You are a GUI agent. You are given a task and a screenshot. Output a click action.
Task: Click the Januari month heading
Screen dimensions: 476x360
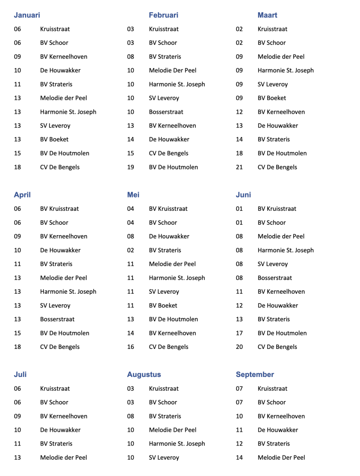[x=27, y=15]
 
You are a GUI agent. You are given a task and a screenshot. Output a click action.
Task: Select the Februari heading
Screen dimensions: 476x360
[x=163, y=15]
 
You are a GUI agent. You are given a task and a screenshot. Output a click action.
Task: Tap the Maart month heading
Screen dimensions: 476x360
[x=267, y=15]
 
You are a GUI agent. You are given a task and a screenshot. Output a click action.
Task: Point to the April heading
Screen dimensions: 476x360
[x=22, y=195]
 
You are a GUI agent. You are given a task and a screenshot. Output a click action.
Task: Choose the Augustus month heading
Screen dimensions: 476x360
[x=144, y=375]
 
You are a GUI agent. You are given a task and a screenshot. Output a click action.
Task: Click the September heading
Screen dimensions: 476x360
[x=255, y=375]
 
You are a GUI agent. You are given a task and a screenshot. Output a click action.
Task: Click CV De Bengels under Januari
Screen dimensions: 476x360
[x=60, y=167]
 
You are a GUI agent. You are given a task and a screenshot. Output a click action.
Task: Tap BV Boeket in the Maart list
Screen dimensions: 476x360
[x=272, y=98]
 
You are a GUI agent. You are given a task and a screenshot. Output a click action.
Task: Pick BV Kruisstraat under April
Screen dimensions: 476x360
[x=60, y=208]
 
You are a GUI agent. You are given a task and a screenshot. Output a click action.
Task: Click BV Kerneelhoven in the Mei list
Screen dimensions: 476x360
[x=172, y=333]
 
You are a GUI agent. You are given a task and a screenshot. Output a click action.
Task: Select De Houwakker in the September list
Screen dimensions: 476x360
[x=278, y=430]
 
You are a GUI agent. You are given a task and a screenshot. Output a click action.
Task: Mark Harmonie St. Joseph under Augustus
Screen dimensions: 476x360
[x=177, y=444]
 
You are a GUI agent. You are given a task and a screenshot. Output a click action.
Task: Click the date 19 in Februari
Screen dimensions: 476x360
[x=130, y=167]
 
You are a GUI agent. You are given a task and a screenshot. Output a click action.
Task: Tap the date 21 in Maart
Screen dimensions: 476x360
[x=239, y=167]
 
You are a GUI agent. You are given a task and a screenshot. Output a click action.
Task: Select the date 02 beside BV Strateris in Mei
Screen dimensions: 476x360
[x=130, y=250]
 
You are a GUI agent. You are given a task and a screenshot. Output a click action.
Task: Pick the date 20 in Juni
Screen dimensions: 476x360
[x=239, y=347]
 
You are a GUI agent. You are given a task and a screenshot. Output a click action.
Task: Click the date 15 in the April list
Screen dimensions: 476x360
[x=18, y=333]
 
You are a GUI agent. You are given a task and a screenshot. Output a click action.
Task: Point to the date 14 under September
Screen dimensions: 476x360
[x=239, y=457]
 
